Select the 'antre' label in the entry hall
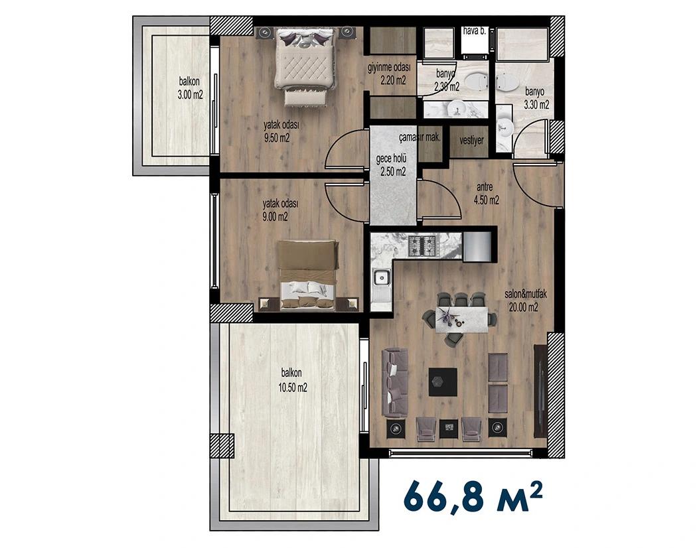[485, 187]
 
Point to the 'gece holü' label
[391, 159]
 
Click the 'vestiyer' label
[471, 141]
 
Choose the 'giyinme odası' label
[389, 68]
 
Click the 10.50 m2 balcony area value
[293, 388]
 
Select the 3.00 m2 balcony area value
[191, 94]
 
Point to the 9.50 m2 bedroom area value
[277, 138]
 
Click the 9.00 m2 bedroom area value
[275, 217]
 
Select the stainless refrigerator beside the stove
[477, 247]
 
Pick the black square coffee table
[443, 381]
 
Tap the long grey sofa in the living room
[395, 383]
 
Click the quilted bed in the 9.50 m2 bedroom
[305, 66]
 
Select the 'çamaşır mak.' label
[420, 138]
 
